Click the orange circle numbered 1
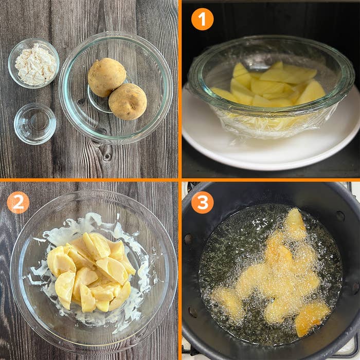tap(202, 19)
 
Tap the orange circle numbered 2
tap(18, 203)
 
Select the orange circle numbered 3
tap(202, 203)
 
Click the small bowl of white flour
tap(34, 63)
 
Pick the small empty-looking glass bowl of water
tap(35, 124)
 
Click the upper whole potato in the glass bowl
tap(107, 77)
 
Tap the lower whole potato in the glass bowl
tap(128, 101)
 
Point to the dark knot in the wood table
tap(107, 157)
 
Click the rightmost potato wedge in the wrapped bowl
tap(311, 92)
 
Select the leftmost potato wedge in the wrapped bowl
tap(224, 95)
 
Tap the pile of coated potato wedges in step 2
tap(91, 272)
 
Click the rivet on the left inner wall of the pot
tap(188, 239)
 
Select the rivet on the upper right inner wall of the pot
tap(340, 216)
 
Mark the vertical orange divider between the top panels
tap(180, 89)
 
